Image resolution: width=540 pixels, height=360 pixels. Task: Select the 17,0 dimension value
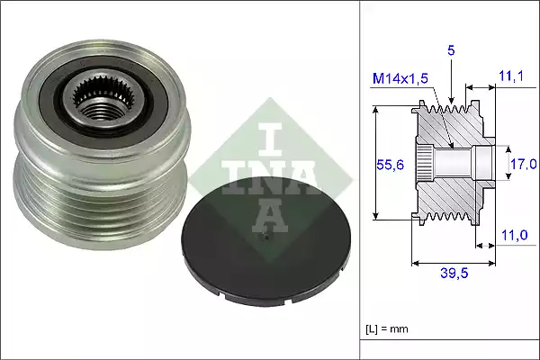525,164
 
